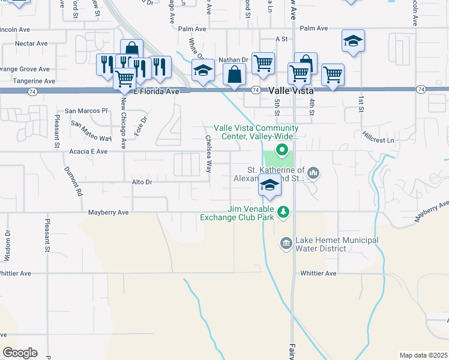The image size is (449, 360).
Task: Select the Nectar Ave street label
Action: [x=32, y=43]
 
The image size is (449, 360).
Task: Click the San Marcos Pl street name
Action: [x=86, y=111]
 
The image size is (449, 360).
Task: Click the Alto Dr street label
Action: [x=142, y=181]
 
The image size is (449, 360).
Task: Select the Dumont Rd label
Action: [x=77, y=187]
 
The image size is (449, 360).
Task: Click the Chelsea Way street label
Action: [x=208, y=154]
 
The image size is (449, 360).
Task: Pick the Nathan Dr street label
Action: [x=233, y=60]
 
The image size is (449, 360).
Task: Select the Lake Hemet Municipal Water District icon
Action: [x=286, y=243]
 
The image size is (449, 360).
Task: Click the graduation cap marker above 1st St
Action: [x=353, y=42]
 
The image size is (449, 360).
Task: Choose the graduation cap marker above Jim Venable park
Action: [x=270, y=187]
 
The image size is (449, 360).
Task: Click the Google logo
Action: [x=20, y=353]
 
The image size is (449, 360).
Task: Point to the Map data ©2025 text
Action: [x=423, y=355]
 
